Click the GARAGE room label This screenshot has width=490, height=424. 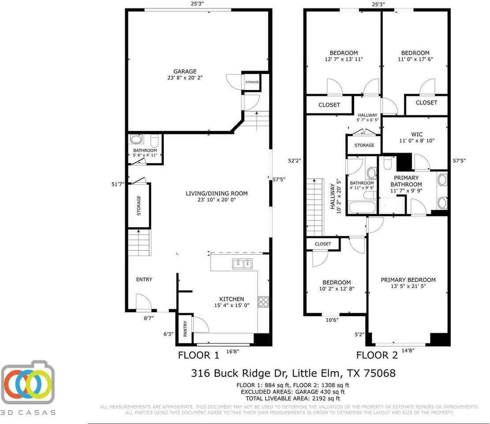coord(185,71)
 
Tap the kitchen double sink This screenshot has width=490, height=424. coord(242,264)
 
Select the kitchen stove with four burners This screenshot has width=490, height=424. coord(263,302)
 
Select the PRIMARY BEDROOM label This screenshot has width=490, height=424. coord(408,280)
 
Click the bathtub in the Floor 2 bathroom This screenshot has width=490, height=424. coord(362,207)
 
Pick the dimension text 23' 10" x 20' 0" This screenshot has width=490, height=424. coord(217,200)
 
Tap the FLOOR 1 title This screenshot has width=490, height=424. coord(198,355)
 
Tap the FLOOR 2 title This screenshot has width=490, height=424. coord(377,355)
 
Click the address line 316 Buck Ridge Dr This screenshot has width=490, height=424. coord(293,373)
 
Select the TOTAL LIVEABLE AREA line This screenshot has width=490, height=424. coord(293,397)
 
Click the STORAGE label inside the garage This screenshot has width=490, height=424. coord(252,82)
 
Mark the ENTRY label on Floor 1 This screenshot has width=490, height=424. coord(144,279)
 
